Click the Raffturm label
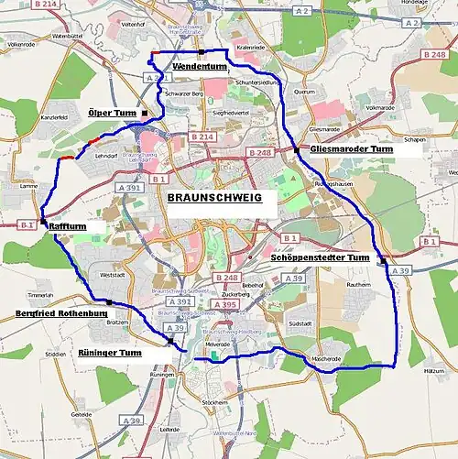68,224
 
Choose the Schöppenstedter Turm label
321,258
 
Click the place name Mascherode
326,358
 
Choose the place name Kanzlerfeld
28,118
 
